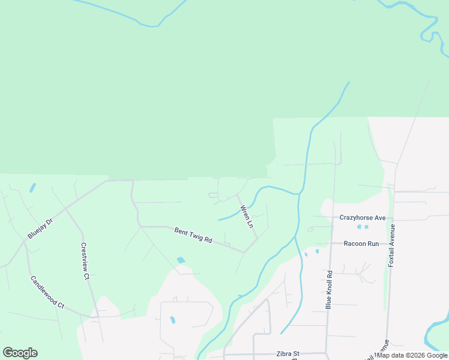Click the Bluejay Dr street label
click(40, 229)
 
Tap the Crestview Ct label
click(85, 261)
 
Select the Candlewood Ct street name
click(47, 292)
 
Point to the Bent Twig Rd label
click(193, 235)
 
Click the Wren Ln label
click(247, 217)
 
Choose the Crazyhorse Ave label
click(362, 218)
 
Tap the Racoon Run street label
click(361, 244)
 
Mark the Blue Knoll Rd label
click(329, 289)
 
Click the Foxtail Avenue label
click(392, 245)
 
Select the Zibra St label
click(288, 354)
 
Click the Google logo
click(20, 353)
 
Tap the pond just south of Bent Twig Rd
click(181, 260)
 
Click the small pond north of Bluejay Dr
click(32, 187)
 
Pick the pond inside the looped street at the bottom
click(172, 320)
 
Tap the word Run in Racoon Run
click(373, 244)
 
